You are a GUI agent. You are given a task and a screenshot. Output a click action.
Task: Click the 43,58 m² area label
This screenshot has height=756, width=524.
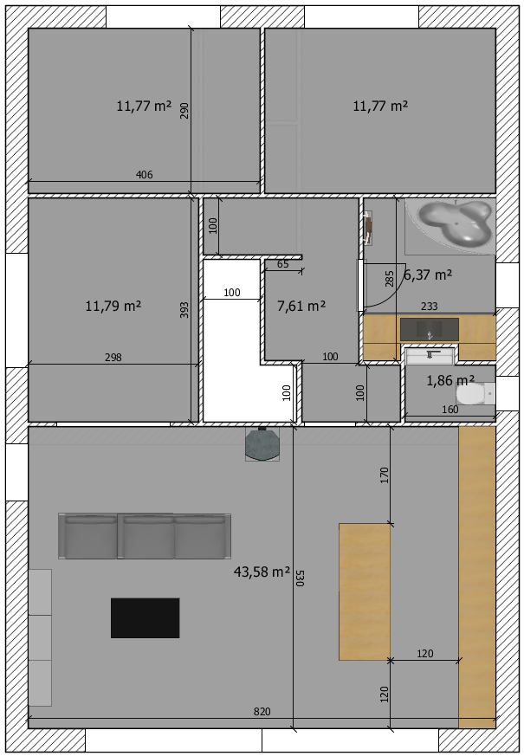pos(262,572)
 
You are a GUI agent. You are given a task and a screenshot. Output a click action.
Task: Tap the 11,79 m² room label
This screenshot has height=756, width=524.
pos(113,306)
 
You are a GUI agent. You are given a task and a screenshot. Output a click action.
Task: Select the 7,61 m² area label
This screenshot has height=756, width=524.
pos(301,306)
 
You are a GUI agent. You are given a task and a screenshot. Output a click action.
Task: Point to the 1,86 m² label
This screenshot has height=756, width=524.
pos(450,381)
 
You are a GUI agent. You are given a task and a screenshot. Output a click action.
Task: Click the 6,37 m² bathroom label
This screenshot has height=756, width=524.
pos(428,275)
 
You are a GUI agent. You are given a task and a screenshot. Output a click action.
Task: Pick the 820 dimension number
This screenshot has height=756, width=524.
pos(262,712)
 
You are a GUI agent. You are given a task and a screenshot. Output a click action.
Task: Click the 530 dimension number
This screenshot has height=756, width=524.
pos(300,578)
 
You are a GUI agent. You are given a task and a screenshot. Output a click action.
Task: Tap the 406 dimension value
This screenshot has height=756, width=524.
pos(144,175)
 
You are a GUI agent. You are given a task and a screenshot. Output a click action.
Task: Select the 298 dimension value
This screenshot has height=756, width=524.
pos(113,358)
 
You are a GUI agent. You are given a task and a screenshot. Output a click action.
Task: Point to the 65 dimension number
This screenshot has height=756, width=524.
pos(283,264)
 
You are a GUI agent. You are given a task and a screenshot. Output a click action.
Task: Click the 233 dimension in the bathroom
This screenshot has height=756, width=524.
pos(429,307)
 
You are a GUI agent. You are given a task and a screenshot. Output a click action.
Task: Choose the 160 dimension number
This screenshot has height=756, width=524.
pos(450,410)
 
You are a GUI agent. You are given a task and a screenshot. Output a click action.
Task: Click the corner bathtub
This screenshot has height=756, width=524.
pos(451,226)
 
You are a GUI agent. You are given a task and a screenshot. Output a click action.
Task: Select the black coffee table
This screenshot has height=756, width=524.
pos(146,618)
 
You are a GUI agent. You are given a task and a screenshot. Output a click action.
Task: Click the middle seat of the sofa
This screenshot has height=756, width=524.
pos(146,536)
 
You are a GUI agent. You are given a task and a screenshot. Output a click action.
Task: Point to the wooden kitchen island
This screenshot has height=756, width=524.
pos(365,591)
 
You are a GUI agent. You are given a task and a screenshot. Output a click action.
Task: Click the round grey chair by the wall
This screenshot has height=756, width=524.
pos(262,444)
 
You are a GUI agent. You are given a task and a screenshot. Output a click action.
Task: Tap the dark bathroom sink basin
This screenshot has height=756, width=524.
pos(429,329)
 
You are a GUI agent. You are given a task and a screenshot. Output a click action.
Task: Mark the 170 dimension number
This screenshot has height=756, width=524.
pos(385,475)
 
